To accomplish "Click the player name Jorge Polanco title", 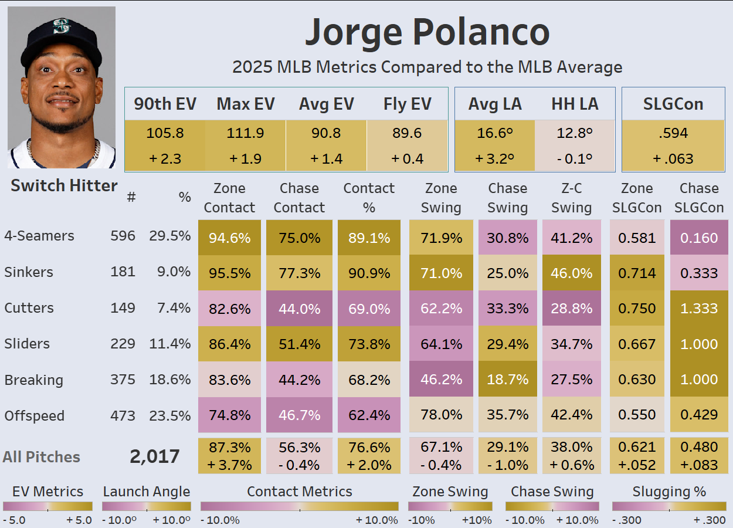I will pyautogui.click(x=427, y=33).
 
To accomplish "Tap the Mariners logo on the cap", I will pyautogui.click(x=61, y=27).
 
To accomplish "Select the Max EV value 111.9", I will pyautogui.click(x=245, y=133).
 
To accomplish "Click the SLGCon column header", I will pyautogui.click(x=673, y=104).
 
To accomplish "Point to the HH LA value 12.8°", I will pyautogui.click(x=575, y=133).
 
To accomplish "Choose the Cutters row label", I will pyautogui.click(x=29, y=308).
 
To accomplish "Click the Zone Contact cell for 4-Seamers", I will pyautogui.click(x=229, y=238).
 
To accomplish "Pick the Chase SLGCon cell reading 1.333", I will pyautogui.click(x=699, y=309).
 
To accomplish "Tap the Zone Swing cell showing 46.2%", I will pyautogui.click(x=441, y=380).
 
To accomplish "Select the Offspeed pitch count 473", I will pyautogui.click(x=123, y=416).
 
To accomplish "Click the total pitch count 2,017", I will pyautogui.click(x=155, y=456).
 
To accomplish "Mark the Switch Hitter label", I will pyautogui.click(x=64, y=186).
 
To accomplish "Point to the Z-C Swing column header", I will pyautogui.click(x=571, y=198).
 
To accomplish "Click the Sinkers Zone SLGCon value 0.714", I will pyautogui.click(x=637, y=273).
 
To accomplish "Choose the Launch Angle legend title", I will pyautogui.click(x=147, y=492).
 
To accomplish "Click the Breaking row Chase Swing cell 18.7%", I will pyautogui.click(x=508, y=380).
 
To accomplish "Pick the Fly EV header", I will pyautogui.click(x=407, y=104).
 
